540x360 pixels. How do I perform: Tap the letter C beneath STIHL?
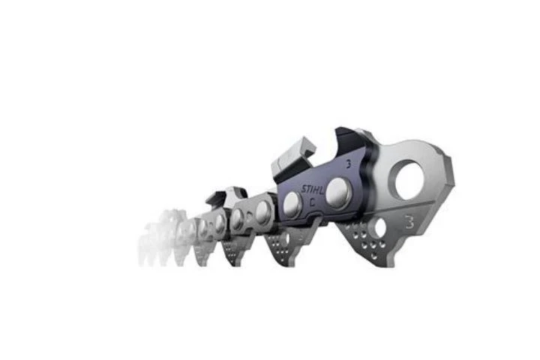click(x=314, y=200)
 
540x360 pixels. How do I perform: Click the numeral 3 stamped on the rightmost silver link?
click(x=409, y=220)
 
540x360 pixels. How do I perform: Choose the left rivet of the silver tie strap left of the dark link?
click(x=238, y=219)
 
